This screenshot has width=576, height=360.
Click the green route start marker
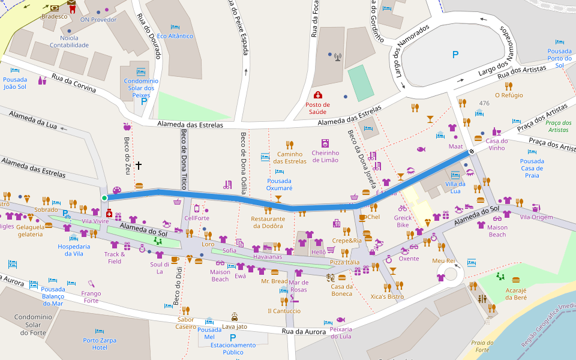tap(104, 198)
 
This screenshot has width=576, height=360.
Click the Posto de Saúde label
tap(317, 108)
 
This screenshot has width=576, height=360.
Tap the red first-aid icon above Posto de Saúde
tap(317, 95)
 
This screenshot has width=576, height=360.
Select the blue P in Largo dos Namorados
tap(455, 55)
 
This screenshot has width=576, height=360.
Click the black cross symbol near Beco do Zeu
tap(139, 164)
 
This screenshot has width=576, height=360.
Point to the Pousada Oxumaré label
tap(279, 184)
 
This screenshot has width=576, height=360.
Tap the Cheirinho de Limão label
tap(325, 156)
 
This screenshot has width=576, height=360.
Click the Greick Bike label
tap(402, 221)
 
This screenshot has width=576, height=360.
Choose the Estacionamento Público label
tap(233, 349)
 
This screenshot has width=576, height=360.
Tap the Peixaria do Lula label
tap(341, 333)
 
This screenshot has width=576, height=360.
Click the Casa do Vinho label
tap(496, 145)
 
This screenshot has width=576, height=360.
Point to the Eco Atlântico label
tap(175, 36)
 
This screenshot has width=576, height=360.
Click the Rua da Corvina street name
tap(74, 83)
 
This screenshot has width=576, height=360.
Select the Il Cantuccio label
tap(284, 311)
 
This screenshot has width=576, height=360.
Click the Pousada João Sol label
tap(15, 83)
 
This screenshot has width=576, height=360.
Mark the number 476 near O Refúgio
tap(484, 103)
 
